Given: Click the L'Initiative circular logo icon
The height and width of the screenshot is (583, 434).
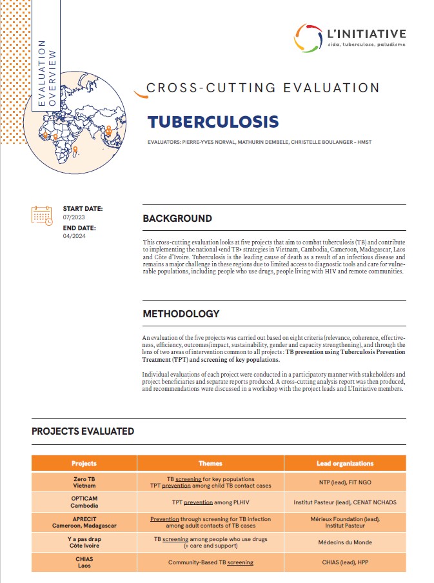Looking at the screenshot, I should (x=309, y=38).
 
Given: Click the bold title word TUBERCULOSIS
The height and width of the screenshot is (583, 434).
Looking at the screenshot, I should (x=212, y=122).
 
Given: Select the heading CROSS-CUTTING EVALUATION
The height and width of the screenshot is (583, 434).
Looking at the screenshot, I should (x=263, y=88).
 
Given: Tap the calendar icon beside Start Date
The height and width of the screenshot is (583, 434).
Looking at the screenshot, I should (x=42, y=215).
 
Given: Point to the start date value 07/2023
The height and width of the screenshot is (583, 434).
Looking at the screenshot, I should (x=74, y=218).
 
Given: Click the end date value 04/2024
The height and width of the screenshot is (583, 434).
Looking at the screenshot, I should (x=74, y=237).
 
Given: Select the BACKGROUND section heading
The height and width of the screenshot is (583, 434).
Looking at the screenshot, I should (x=177, y=219).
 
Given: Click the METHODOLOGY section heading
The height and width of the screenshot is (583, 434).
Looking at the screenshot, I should (x=181, y=314).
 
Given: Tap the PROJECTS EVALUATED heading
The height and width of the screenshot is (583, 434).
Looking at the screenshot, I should (x=83, y=431).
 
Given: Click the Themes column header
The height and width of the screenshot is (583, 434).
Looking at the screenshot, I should (x=210, y=463).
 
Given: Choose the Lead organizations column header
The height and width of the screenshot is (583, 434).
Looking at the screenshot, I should (x=345, y=463).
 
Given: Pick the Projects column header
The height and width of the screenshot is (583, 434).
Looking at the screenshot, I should (x=84, y=463).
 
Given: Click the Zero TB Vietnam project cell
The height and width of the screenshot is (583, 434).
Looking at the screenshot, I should (x=84, y=482).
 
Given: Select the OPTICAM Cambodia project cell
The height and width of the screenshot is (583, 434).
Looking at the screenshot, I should (x=84, y=502).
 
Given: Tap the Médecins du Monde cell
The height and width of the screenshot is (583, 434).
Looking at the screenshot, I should (x=345, y=542).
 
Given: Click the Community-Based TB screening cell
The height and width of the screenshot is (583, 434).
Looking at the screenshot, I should (x=210, y=562).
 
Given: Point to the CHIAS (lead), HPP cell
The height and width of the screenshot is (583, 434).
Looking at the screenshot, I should (x=345, y=562).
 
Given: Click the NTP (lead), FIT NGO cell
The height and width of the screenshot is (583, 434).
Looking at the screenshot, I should (x=345, y=482).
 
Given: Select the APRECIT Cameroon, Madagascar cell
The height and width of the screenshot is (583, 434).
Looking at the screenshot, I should (x=84, y=522).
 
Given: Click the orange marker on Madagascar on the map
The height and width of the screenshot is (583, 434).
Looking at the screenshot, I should (x=76, y=150).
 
